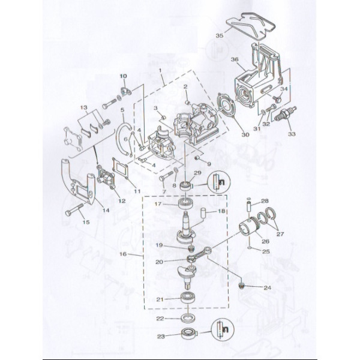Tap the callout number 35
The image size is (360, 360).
(220, 35)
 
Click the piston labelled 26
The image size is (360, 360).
(248, 227)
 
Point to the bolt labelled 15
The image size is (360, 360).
(74, 209)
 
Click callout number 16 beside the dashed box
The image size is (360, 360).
(123, 254)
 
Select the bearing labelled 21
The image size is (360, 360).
(188, 298)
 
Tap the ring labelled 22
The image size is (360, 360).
(188, 319)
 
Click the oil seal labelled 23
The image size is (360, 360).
(188, 333)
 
